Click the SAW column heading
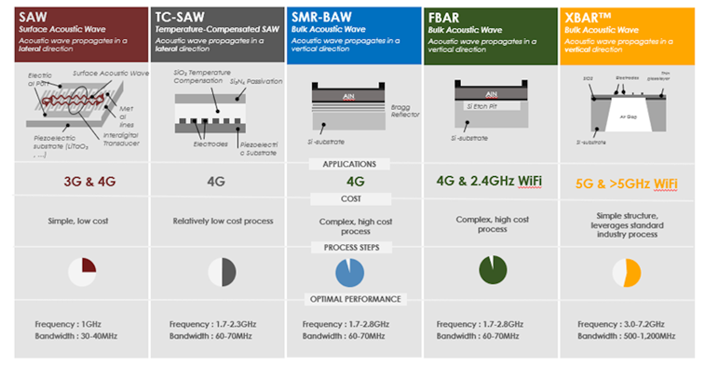point(33,17)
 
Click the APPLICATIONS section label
point(349,164)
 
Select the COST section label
point(351,199)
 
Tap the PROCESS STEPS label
point(351,248)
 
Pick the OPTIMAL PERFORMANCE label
point(355,299)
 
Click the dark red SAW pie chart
point(82,273)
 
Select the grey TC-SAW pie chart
point(222,273)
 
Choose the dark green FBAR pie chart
point(493,270)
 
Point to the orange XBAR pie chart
point(627,273)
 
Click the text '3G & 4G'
point(89,182)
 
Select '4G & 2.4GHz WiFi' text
point(489,181)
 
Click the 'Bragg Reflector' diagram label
point(405,111)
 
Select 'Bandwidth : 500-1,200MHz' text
point(626,336)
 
